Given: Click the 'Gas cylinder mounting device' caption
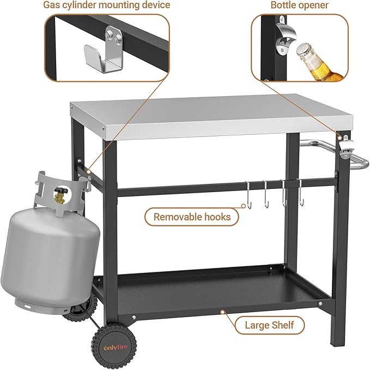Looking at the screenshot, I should tap(107, 5).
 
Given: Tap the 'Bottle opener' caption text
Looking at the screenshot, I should tap(299, 5).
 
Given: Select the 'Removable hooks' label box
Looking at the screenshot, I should tap(192, 217).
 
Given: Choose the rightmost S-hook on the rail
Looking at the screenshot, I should tap(299, 192).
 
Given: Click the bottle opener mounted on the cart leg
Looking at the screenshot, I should tap(346, 147).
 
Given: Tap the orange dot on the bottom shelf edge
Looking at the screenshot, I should tap(222, 312).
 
